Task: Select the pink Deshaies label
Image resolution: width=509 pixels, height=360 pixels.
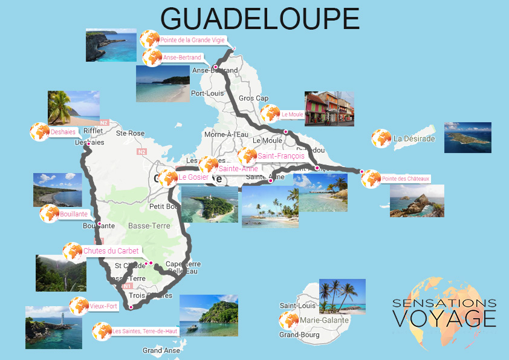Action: [x=63, y=131]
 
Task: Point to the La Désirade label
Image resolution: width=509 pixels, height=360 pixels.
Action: [x=413, y=139]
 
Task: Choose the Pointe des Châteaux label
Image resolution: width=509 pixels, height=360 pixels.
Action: [x=405, y=178]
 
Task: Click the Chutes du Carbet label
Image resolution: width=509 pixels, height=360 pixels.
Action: [x=111, y=250]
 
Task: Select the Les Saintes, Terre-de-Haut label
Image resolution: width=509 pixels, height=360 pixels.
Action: [x=136, y=331]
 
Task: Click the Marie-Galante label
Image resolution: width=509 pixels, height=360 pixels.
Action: [x=320, y=319]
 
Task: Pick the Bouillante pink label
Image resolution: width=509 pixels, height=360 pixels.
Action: [x=74, y=214]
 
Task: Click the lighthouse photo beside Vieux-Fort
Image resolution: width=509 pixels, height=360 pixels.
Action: [x=53, y=327]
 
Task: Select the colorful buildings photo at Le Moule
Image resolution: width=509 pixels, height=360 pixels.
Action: [x=329, y=109]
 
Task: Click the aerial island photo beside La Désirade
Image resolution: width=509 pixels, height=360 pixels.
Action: [x=467, y=137]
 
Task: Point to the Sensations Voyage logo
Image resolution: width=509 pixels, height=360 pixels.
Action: [x=444, y=313]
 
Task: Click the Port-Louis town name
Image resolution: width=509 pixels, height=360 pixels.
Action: [x=207, y=93]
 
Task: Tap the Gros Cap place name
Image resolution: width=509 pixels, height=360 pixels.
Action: [x=253, y=98]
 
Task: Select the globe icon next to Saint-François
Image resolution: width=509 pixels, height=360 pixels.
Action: [x=247, y=156]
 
